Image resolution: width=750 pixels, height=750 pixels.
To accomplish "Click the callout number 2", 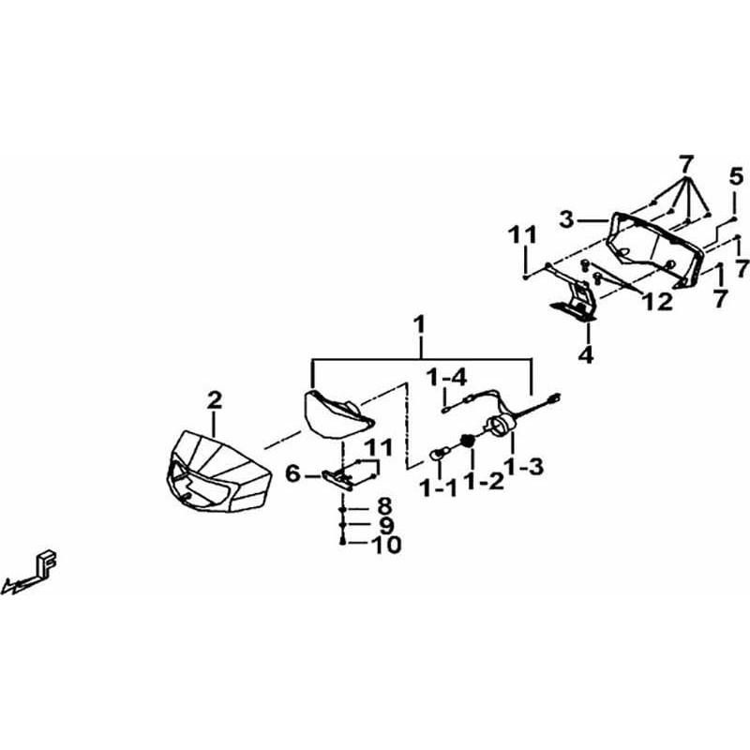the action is tap(215, 400).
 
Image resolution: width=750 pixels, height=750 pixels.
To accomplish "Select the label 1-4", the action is tap(447, 379).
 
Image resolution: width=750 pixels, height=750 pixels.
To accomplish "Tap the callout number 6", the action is tap(292, 474).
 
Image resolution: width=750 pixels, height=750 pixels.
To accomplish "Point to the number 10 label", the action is tap(387, 545).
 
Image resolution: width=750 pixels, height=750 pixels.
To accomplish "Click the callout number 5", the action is tap(737, 177).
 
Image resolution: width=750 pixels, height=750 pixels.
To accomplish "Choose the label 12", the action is tap(658, 302).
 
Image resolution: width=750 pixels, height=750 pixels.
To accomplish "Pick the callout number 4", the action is tap(586, 355).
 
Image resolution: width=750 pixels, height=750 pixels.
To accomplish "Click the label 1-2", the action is tap(485, 481).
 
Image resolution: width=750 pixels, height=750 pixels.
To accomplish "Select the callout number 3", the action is tap(567, 220).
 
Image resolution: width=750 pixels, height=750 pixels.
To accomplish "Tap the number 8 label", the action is tap(384, 506).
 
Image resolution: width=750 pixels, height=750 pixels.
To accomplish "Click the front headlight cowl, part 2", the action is tap(219, 472).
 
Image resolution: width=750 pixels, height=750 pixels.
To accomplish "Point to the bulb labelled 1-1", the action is tap(440, 453).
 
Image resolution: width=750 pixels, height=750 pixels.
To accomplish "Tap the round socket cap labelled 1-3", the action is tap(501, 425).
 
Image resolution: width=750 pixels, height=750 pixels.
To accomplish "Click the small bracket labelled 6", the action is tap(338, 479).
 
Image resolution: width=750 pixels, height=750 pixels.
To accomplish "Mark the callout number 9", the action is tap(385, 526).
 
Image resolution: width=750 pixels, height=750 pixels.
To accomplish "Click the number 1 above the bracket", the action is tap(419, 324).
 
